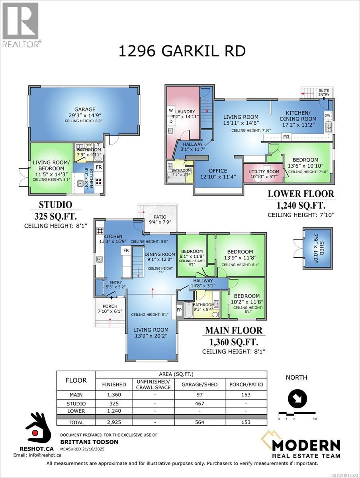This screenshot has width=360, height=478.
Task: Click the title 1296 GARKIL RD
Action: click(x=182, y=51)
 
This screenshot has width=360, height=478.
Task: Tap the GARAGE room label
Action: click(x=84, y=109)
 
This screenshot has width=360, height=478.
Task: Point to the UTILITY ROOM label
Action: click(x=264, y=171)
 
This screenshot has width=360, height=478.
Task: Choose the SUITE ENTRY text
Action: click(x=323, y=93)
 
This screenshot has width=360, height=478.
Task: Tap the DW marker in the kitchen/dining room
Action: click(x=327, y=115)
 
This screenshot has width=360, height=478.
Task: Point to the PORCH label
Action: click(x=107, y=306)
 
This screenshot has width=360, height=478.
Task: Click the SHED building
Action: click(x=317, y=248)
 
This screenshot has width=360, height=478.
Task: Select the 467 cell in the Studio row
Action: click(x=193, y=404)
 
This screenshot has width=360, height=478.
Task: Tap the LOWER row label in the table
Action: click(x=76, y=410)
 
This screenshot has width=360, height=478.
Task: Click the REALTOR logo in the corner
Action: click(x=20, y=24)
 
